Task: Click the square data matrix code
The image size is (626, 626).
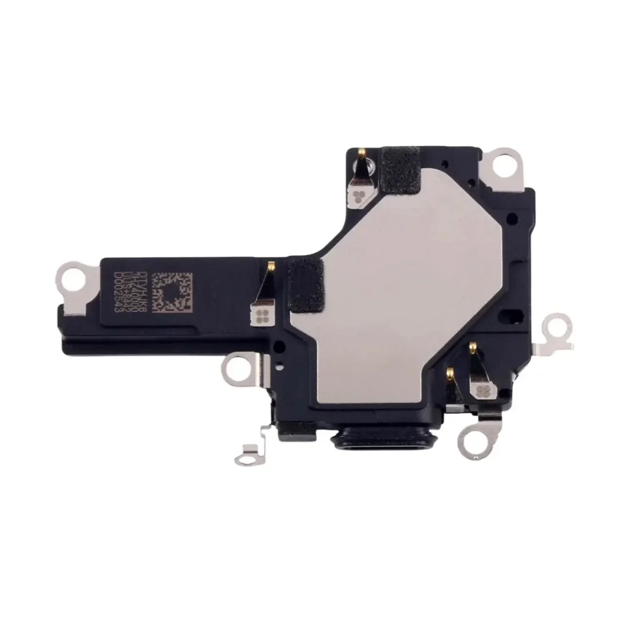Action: pos(171,292)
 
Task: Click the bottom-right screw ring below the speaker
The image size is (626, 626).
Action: pos(471,439)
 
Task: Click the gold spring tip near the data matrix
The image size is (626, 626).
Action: pos(270,265)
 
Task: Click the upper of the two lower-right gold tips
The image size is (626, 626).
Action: pos(472,347)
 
